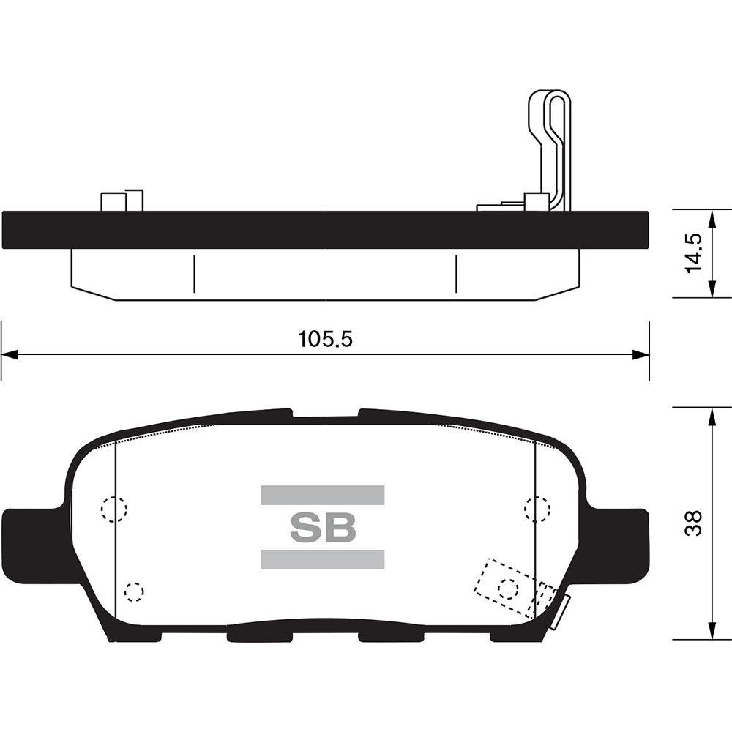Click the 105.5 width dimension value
coord(326,340)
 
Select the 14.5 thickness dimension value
coord(694,253)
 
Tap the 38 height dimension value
coord(694,523)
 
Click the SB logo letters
coord(323,528)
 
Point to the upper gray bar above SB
coord(323,495)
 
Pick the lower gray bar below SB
coord(323,559)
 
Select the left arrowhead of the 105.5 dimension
coord(10,354)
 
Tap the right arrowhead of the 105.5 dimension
coord(640,354)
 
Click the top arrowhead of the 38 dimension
coord(712,417)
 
